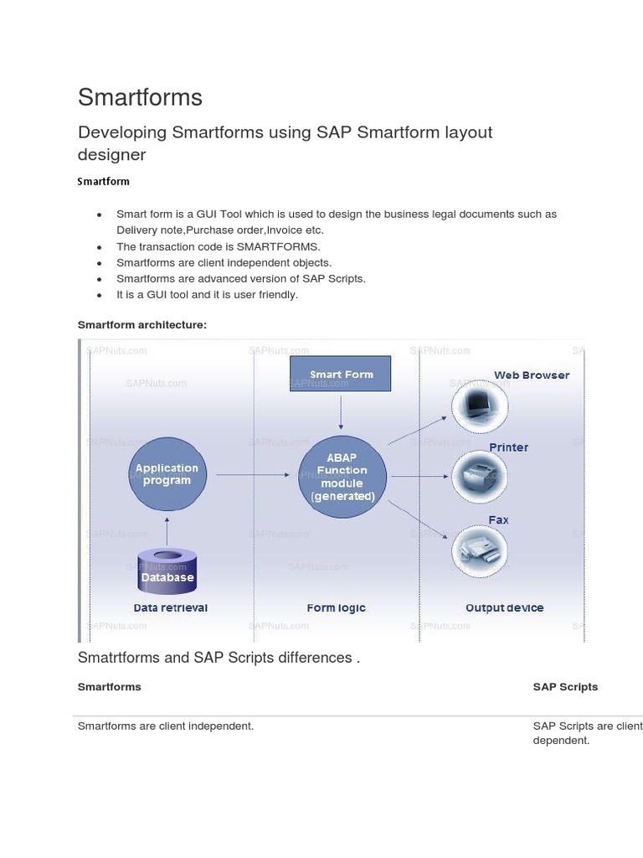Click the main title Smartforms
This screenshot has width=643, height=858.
click(140, 97)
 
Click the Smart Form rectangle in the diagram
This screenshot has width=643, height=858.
click(341, 374)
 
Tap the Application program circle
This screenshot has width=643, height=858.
click(167, 475)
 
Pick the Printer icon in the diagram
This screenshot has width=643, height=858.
click(479, 477)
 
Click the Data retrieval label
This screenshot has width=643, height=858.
click(171, 607)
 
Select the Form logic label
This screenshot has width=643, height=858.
click(336, 607)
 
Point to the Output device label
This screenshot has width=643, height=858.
click(504, 607)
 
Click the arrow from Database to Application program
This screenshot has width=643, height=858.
click(167, 530)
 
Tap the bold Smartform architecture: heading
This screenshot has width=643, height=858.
click(141, 324)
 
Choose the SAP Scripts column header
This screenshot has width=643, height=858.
click(565, 687)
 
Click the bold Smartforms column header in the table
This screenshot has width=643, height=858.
click(110, 687)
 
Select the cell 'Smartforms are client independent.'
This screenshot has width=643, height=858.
click(166, 726)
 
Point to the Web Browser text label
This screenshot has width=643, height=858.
click(531, 375)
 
